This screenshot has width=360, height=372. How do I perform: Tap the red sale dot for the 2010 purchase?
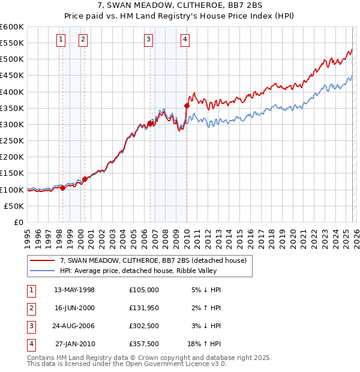click(x=187, y=106)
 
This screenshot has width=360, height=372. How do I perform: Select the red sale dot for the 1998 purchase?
click(x=62, y=188)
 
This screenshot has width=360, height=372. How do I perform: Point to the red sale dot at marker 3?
click(x=150, y=124)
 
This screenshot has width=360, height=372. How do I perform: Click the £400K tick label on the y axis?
click(x=12, y=92)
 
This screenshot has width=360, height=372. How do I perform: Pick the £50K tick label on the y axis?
click(x=14, y=206)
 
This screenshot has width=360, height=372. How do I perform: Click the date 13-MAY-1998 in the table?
click(x=74, y=290)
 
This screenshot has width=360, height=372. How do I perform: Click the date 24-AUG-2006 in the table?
click(x=74, y=326)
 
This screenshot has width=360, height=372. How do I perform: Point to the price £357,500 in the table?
click(x=144, y=345)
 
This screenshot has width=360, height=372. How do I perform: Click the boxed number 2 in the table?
click(x=31, y=308)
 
